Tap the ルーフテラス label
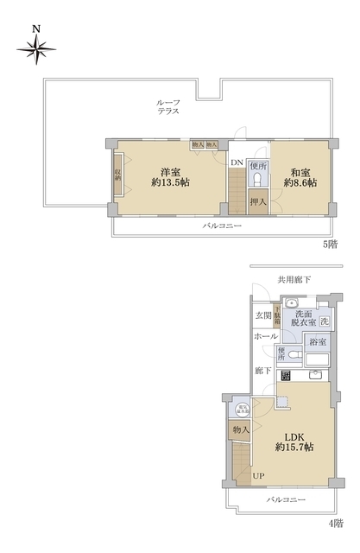[x=167, y=106]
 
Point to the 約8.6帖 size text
[x=300, y=183]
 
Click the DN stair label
[x=237, y=162]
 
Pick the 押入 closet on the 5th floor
[x=257, y=202]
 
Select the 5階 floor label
[x=331, y=245]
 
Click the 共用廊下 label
[x=294, y=279]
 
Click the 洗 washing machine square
[x=324, y=321]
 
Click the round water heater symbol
[x=243, y=410]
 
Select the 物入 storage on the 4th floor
[x=240, y=429]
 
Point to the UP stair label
[x=258, y=474]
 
